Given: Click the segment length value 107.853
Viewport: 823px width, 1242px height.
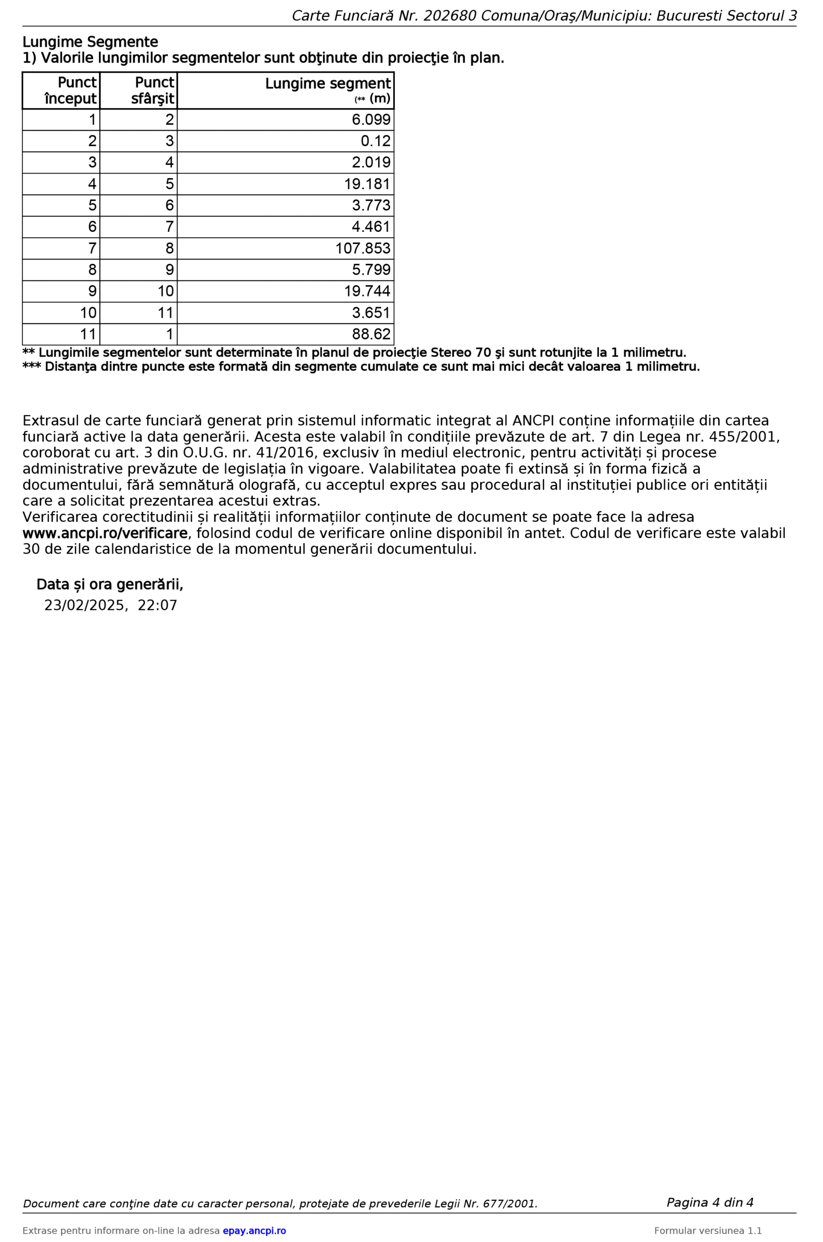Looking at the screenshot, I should point(363,248).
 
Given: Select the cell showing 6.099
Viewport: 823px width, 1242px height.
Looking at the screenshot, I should point(371,120).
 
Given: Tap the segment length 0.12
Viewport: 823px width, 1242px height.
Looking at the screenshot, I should point(375,141).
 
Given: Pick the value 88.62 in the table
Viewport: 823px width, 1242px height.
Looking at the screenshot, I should point(371,334).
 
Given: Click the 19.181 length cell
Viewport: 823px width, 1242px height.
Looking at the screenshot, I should point(367,184).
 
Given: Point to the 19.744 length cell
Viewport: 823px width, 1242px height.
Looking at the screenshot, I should point(367,292).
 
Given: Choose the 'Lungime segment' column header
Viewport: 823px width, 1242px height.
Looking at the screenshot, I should point(327,84).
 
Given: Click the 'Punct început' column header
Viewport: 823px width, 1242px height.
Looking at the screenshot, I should point(71,90).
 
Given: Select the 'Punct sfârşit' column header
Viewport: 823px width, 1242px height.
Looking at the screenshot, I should point(153,90).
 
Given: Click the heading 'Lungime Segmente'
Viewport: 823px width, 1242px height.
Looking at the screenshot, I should point(90,42).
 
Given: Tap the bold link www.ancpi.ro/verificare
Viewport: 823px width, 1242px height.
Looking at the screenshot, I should point(105,533).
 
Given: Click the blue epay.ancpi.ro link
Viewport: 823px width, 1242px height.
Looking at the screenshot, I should point(254,1227).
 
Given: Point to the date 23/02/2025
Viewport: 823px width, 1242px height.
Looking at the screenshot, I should point(85,605).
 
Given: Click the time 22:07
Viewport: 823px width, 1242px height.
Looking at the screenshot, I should point(157,605).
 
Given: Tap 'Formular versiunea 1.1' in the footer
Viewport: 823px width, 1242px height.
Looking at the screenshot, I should point(708,1227).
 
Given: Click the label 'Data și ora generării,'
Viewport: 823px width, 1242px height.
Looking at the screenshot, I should point(109,584).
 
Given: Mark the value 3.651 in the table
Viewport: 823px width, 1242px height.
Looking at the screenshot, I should point(371,313).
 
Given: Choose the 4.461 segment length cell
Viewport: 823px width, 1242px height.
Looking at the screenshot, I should point(371,227).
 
